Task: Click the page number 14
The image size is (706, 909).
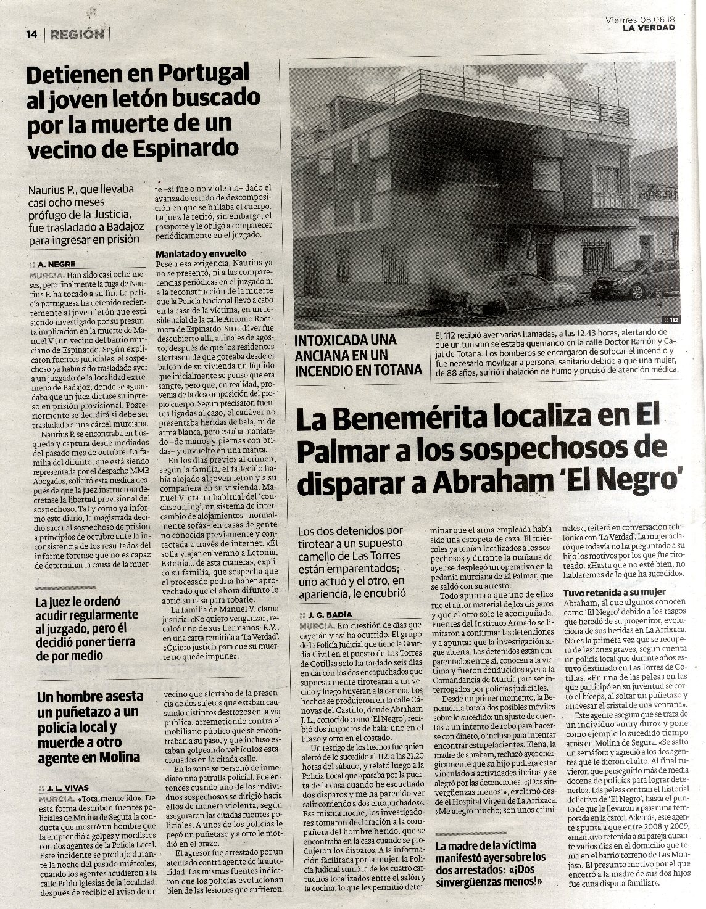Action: (32, 35)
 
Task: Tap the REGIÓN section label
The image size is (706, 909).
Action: (77, 35)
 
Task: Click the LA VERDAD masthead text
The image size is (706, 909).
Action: (648, 27)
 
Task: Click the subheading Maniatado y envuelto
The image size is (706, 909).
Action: (201, 253)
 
